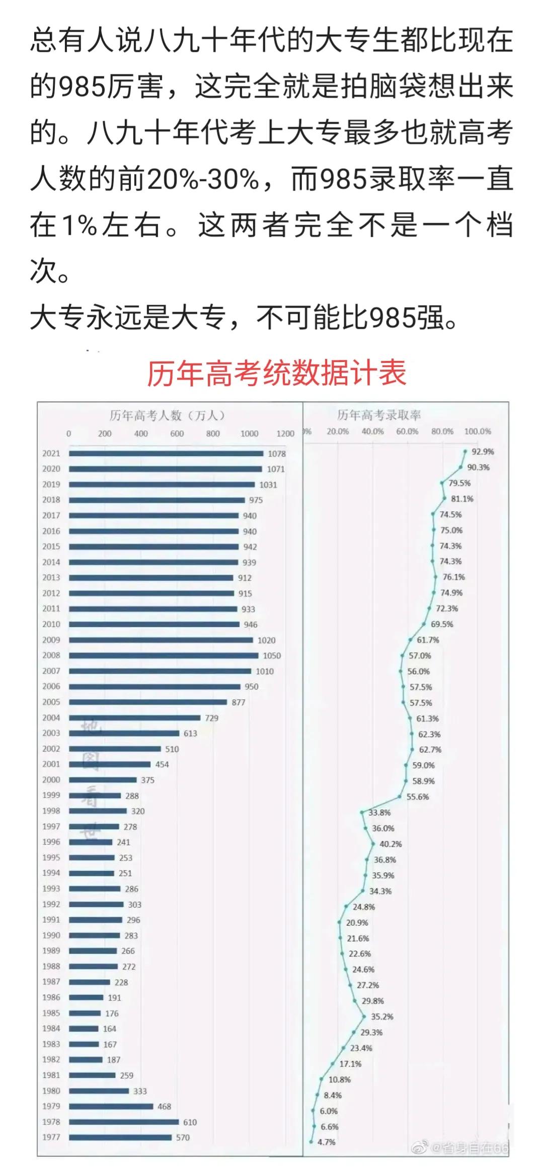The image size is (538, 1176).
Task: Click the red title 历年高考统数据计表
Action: pyautogui.click(x=276, y=374)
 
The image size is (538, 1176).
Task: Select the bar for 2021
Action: pyautogui.click(x=166, y=454)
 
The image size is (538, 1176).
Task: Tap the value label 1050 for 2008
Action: pyautogui.click(x=272, y=656)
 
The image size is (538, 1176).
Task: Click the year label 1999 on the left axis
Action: pyautogui.click(x=51, y=795)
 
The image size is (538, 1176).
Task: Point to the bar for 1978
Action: pyautogui.click(x=124, y=1122)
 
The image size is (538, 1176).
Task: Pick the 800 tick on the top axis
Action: pyautogui.click(x=213, y=433)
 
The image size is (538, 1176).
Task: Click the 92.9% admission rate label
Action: pyautogui.click(x=482, y=451)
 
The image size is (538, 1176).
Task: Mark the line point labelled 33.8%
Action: pyautogui.click(x=362, y=812)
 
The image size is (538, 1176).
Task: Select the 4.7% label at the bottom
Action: pyautogui.click(x=326, y=1142)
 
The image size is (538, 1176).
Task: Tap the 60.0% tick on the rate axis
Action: pyautogui.click(x=407, y=431)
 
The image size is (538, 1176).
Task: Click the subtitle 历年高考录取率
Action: pyautogui.click(x=379, y=415)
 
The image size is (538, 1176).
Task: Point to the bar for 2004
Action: pyautogui.click(x=134, y=717)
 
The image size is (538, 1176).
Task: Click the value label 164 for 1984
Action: pyautogui.click(x=109, y=1029)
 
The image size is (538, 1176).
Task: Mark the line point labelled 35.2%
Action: pyautogui.click(x=364, y=1016)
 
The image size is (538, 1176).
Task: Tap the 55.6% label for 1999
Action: pyautogui.click(x=417, y=797)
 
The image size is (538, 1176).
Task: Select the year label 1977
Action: pyautogui.click(x=51, y=1137)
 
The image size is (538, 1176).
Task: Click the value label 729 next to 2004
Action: pyautogui.click(x=211, y=718)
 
